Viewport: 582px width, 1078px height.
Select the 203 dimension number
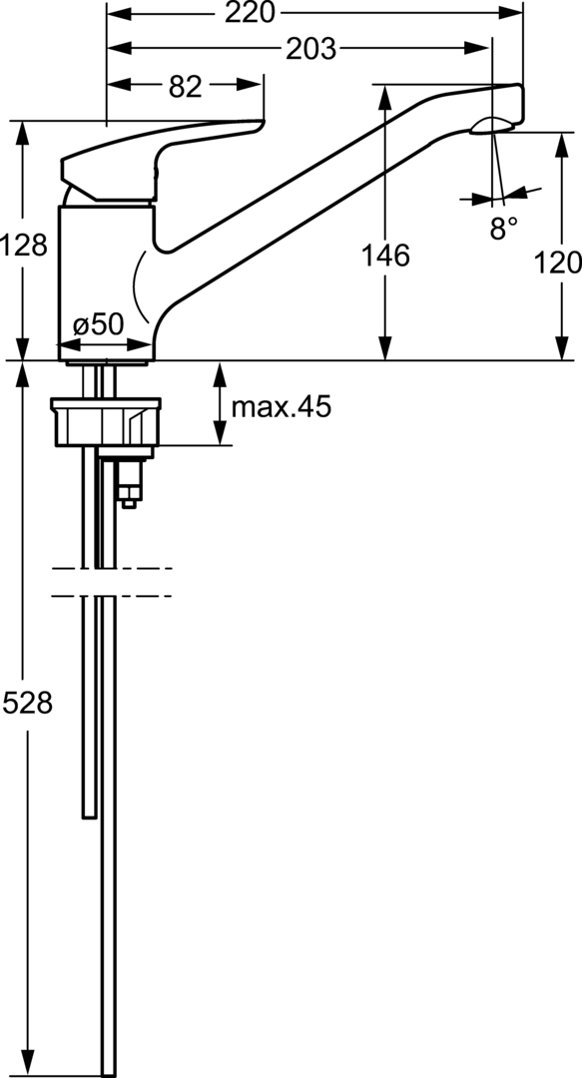310,48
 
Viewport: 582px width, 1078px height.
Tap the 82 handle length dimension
186,87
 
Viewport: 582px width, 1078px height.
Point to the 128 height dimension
24,245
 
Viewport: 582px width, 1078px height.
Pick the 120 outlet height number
558,263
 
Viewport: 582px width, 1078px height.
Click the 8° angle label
504,229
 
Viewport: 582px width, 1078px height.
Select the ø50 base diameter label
98,323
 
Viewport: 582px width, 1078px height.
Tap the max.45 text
281,406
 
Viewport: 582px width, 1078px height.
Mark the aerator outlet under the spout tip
492,125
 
